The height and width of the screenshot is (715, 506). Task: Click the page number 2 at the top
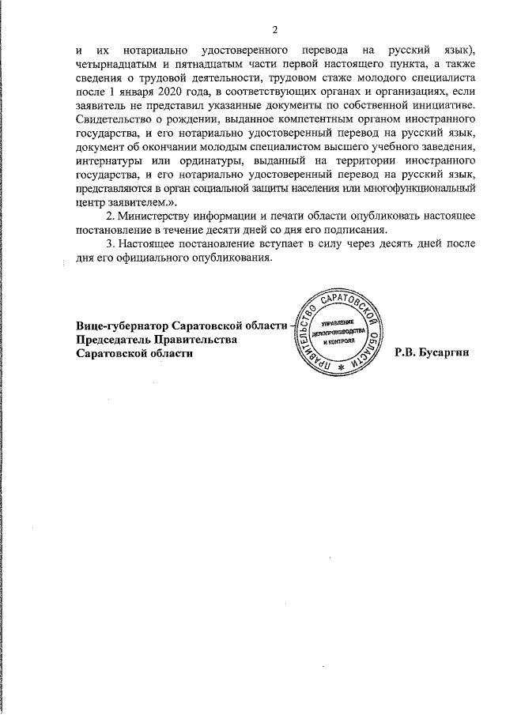275,30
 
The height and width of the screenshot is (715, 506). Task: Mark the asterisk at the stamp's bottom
341,367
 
